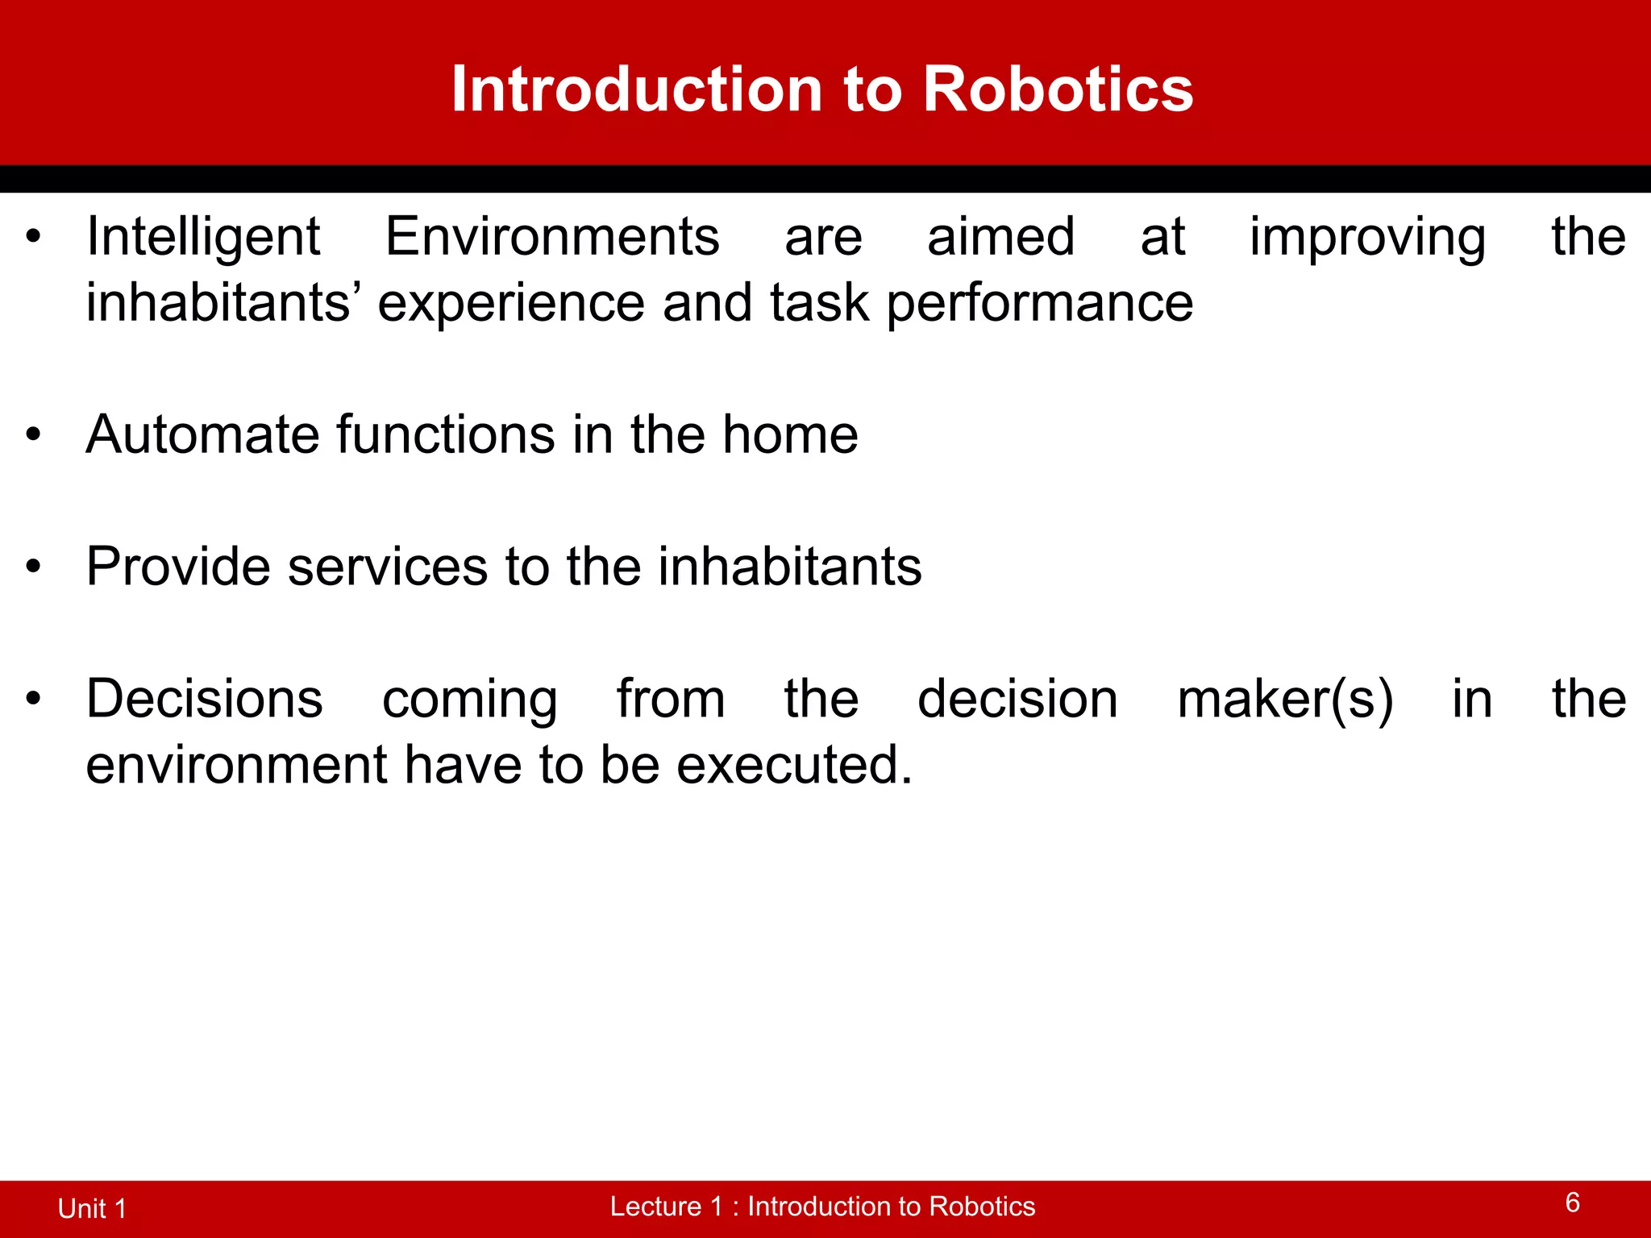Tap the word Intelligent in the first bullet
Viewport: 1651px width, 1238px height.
tap(203, 238)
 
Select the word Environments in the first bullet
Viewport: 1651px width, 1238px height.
tap(552, 238)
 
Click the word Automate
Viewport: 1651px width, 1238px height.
tap(202, 435)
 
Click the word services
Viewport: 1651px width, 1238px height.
tap(387, 567)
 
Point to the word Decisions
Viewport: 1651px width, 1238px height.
tap(204, 699)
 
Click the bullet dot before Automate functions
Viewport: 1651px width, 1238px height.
tap(32, 435)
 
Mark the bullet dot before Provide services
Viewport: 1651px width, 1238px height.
tap(32, 567)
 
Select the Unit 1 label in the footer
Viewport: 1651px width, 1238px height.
tap(92, 1208)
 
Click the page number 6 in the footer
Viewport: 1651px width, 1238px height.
tap(1572, 1203)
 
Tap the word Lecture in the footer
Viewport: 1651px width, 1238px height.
tap(655, 1207)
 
